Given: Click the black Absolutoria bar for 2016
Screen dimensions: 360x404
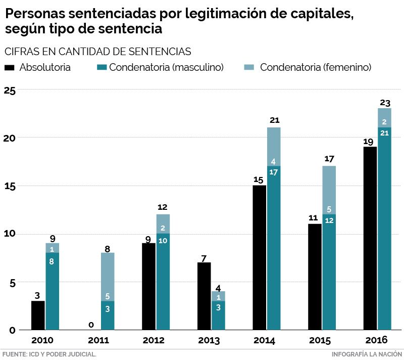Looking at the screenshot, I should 370,238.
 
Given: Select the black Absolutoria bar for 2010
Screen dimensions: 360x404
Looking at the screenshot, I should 38,316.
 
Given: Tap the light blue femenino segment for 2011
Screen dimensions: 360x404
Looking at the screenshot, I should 108,277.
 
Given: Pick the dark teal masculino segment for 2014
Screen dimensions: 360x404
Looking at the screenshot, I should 274,248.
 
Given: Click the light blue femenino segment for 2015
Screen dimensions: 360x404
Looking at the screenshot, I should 329,190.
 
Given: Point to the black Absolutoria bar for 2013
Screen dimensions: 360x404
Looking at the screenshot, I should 205,296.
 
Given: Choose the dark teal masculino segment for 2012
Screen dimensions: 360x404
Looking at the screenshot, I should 163,282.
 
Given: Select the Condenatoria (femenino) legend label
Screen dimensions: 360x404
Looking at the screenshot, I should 316,67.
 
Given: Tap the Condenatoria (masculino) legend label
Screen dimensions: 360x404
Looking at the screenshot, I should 166,67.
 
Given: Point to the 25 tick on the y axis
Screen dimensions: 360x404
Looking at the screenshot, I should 10,91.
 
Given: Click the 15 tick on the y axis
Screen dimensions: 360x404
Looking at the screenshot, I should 10,186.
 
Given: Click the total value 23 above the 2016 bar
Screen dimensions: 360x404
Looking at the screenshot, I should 385,103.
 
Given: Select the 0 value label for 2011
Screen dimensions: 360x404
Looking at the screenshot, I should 92,324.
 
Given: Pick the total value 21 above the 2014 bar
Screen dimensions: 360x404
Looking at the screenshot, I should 274,120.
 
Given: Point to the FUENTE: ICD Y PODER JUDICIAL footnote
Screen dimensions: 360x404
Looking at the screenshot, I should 49,354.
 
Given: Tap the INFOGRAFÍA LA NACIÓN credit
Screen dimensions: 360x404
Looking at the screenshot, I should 367,354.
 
